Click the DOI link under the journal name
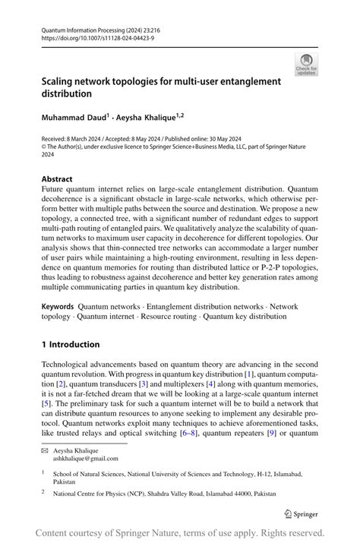[x=89, y=37]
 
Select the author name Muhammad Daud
[x=73, y=118]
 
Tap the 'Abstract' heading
[x=58, y=180]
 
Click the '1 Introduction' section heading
[x=70, y=344]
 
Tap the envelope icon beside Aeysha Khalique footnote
[x=45, y=450]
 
